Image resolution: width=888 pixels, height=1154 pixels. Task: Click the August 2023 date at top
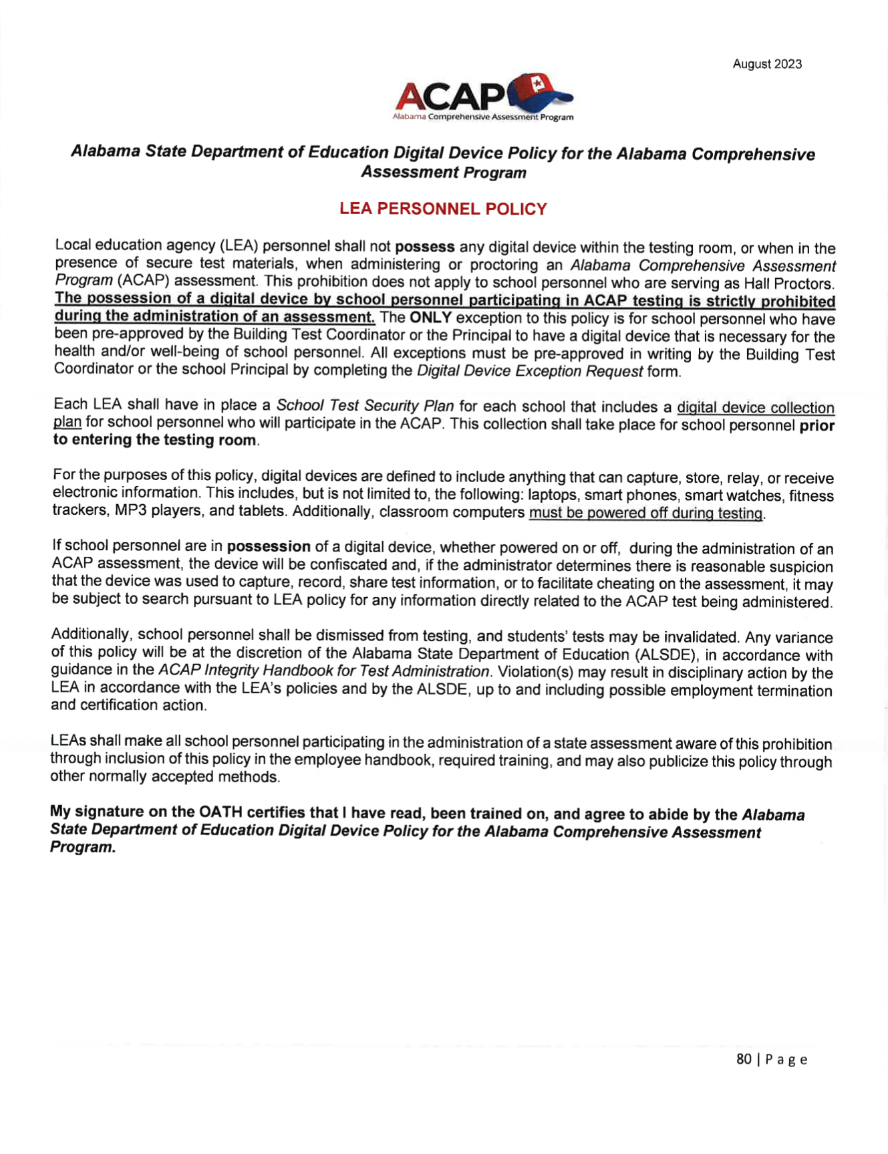tap(766, 64)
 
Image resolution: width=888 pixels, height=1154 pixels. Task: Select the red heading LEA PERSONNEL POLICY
tap(443, 209)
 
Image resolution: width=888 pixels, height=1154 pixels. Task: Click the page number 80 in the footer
tap(743, 1059)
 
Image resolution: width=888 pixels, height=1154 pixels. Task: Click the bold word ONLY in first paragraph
tap(430, 318)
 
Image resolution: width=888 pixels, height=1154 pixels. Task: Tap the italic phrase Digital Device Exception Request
tap(529, 371)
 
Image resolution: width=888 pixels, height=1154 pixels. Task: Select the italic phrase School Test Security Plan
tap(365, 406)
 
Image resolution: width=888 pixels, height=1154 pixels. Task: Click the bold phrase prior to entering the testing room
tap(154, 440)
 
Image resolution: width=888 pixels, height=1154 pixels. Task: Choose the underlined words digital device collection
tap(755, 408)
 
